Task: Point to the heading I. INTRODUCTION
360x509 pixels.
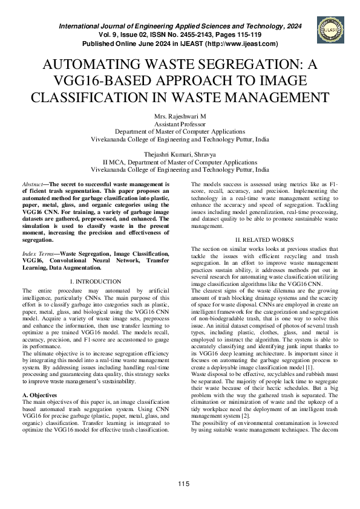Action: coord(96,282)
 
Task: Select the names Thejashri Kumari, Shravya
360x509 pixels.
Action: coord(180,154)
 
